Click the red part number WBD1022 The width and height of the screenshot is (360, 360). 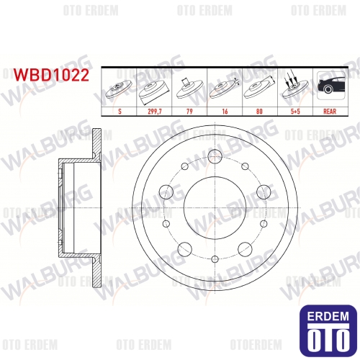click(x=51, y=75)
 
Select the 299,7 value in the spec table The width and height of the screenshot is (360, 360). click(x=155, y=112)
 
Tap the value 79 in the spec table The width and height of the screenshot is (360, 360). click(x=189, y=112)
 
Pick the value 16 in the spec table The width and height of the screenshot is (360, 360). click(x=225, y=112)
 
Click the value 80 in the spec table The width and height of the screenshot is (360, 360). click(x=259, y=112)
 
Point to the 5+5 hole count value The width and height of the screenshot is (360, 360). click(x=295, y=112)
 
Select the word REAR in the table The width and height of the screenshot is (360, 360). click(x=330, y=112)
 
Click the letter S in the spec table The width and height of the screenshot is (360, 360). click(x=120, y=112)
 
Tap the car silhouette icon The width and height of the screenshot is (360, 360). click(x=330, y=85)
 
